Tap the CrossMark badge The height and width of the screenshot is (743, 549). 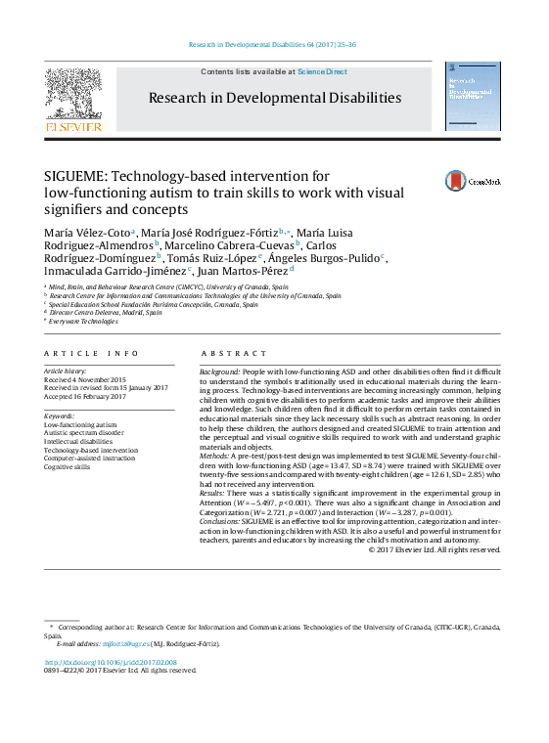click(473, 181)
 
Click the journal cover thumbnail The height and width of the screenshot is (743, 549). click(473, 97)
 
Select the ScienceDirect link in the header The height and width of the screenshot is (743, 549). click(322, 71)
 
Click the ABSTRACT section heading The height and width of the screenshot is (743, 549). click(233, 353)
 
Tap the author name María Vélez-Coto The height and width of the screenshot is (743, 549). click(87, 231)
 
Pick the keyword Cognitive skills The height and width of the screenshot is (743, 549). click(68, 467)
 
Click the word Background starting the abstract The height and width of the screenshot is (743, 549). click(218, 372)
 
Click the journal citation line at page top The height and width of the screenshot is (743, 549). click(273, 44)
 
